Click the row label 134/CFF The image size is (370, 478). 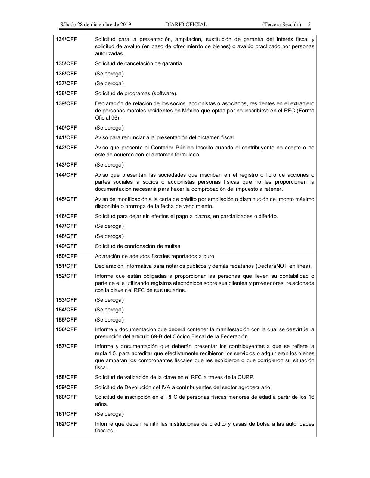66,39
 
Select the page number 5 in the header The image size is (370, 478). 309,25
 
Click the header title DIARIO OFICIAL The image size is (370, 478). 186,25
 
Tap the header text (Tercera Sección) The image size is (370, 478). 281,25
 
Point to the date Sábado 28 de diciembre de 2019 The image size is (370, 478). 96,25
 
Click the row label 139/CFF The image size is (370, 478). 66,103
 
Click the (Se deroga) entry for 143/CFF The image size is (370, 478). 110,165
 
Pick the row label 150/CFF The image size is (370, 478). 66,256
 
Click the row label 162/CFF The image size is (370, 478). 66,424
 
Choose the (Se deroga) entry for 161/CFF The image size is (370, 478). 110,414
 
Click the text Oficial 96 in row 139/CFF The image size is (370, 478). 107,118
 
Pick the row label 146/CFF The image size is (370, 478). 66,216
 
